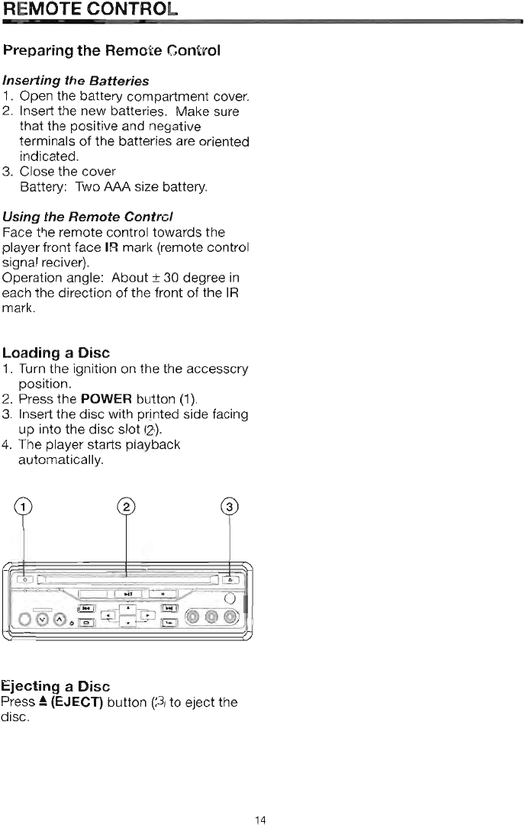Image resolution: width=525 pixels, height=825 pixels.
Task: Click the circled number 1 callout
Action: pyautogui.click(x=25, y=508)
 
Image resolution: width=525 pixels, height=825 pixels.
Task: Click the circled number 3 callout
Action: pyautogui.click(x=230, y=508)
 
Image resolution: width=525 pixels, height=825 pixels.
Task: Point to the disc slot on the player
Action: pyautogui.click(x=126, y=578)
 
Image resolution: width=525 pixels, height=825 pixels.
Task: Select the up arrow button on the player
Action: pyautogui.click(x=128, y=606)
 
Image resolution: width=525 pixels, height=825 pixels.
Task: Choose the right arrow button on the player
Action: pyautogui.click(x=147, y=614)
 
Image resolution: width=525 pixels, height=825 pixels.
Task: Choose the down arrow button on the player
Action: pyautogui.click(x=128, y=624)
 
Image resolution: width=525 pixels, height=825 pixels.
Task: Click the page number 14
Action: pyautogui.click(x=260, y=799)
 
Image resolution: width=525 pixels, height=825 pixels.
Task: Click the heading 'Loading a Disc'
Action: pyautogui.click(x=56, y=353)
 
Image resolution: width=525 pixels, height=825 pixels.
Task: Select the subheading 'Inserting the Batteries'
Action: pyautogui.click(x=76, y=80)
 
